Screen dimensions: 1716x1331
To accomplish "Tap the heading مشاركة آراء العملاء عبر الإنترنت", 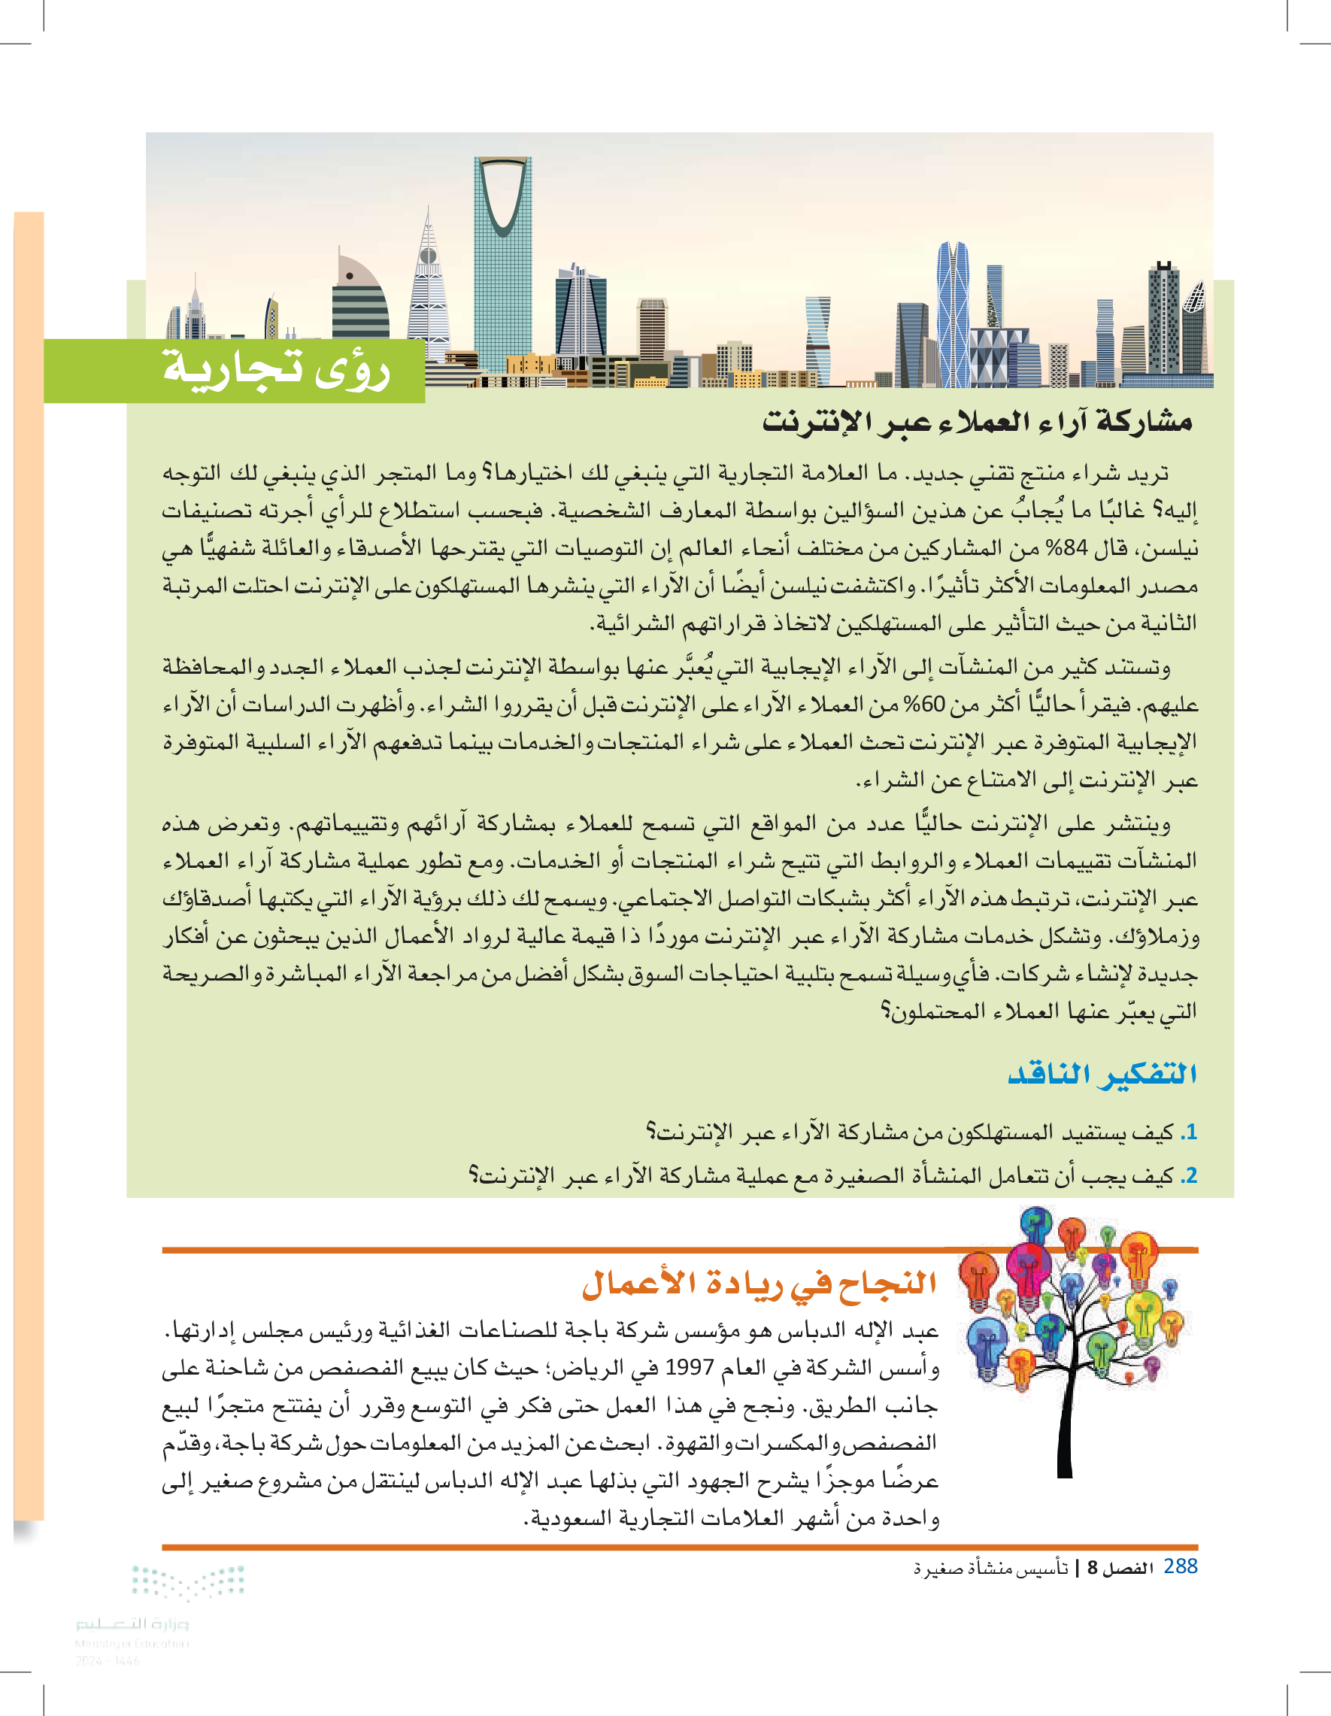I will (977, 421).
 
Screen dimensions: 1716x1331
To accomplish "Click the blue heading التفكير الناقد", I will (1102, 1073).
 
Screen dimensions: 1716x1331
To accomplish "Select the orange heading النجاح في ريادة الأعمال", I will (759, 1283).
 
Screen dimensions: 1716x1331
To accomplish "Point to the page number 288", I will (1180, 1566).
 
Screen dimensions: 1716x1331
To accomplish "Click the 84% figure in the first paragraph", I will (1062, 547).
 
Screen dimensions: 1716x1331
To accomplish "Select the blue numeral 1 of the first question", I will (1190, 1132).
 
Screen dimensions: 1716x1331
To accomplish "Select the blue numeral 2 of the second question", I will (1190, 1175).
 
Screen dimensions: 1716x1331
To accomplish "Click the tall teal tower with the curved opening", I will (503, 259).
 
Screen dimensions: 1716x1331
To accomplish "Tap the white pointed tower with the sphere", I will (428, 291).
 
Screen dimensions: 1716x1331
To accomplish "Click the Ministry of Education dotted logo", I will (188, 1581).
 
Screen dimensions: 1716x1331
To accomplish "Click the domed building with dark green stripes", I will (359, 302).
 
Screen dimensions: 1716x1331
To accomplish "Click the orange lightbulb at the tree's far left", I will (978, 1277).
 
